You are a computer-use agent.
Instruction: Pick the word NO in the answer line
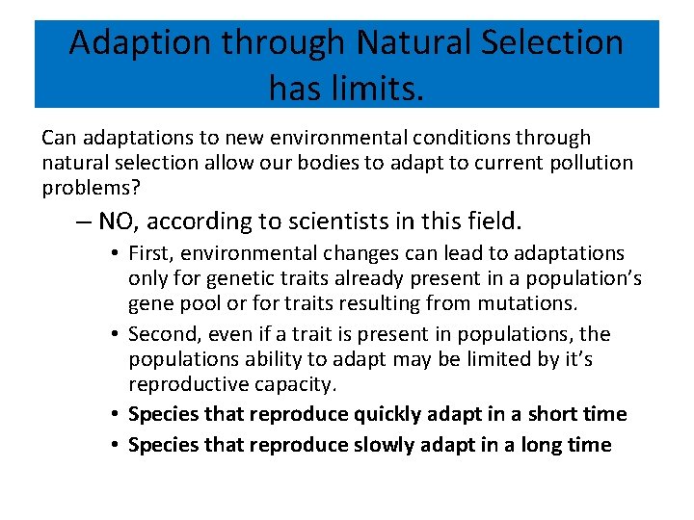click(x=117, y=222)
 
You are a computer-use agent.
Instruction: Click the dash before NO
click(x=83, y=222)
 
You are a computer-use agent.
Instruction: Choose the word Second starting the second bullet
click(x=163, y=334)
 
